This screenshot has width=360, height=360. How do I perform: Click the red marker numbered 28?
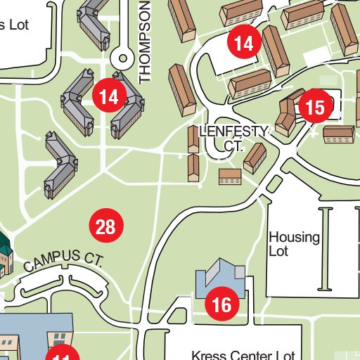click(x=105, y=226)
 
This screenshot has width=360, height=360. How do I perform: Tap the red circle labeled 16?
click(x=221, y=304)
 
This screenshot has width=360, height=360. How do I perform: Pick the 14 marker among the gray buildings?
click(x=109, y=96)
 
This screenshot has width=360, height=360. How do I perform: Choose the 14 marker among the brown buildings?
click(x=244, y=44)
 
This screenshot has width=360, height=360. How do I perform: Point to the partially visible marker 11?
click(x=63, y=354)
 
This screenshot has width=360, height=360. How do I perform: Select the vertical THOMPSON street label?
click(x=146, y=41)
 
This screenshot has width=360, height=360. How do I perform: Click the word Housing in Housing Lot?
click(x=294, y=237)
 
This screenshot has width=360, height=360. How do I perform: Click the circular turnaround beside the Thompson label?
click(x=124, y=60)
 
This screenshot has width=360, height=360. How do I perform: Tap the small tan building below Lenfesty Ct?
click(x=230, y=176)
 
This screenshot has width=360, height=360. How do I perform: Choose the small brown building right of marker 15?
click(x=337, y=134)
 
